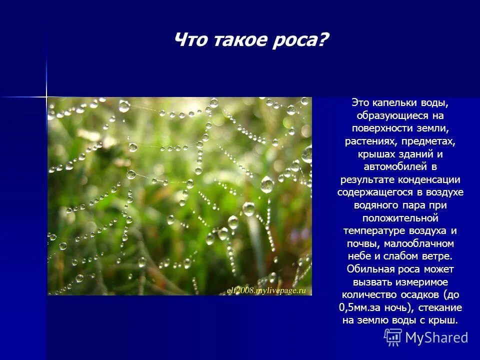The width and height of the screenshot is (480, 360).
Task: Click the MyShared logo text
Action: (x=436, y=337)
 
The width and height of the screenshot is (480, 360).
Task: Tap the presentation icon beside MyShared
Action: (x=393, y=337)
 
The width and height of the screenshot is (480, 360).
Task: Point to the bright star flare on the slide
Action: (x=46, y=95)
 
